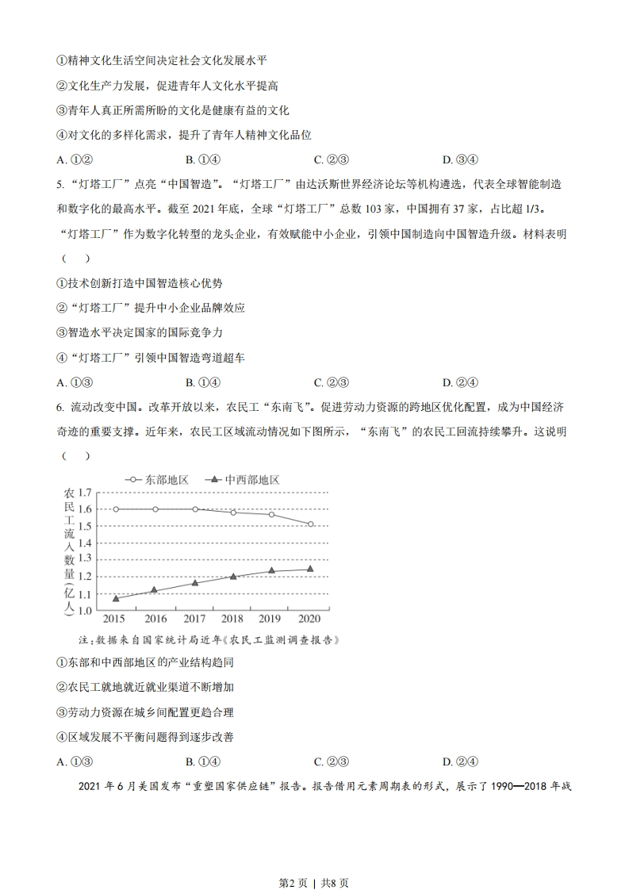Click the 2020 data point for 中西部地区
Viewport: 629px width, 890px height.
point(310,569)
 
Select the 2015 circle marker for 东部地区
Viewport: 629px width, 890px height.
point(116,508)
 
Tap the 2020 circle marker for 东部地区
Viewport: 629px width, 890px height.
point(310,524)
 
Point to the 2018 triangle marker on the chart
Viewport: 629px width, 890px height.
point(233,577)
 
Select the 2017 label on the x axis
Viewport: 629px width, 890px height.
point(194,619)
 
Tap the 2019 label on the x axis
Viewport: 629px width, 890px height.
point(271,619)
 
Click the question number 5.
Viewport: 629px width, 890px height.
point(59,186)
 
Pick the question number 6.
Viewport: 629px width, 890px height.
point(59,408)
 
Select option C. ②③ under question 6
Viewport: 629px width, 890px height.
point(332,761)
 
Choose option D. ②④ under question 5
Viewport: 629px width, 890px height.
point(460,382)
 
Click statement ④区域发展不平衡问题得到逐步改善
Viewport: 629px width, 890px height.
point(145,737)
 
